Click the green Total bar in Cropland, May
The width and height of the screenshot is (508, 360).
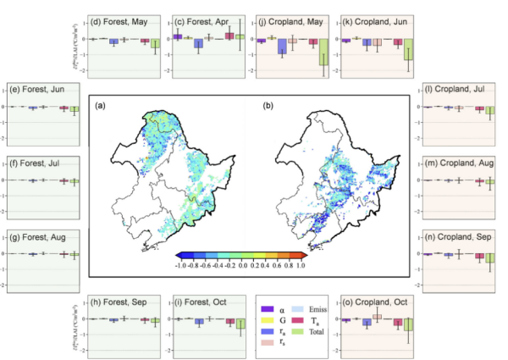click(x=323, y=53)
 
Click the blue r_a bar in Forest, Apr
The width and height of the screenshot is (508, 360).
click(x=197, y=43)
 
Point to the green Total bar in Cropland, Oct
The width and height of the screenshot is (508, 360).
click(x=408, y=325)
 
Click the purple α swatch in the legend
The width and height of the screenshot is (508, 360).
click(x=267, y=309)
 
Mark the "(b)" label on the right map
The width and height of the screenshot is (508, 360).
click(x=268, y=106)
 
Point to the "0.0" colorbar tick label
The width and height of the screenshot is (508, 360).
click(x=242, y=265)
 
